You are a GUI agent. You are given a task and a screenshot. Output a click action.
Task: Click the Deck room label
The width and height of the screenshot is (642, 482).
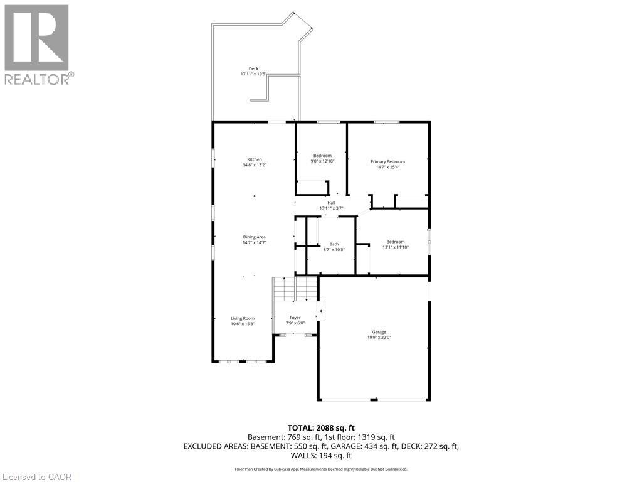coord(253,69)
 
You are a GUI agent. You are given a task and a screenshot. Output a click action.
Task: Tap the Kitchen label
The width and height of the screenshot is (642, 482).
coord(254,159)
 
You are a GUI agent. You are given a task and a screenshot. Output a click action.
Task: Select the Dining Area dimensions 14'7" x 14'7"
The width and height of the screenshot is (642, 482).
coord(255,242)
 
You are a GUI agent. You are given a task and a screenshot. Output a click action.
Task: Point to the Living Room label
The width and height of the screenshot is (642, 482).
coord(243,318)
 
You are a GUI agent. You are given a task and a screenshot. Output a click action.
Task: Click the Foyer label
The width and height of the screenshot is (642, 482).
coord(295,318)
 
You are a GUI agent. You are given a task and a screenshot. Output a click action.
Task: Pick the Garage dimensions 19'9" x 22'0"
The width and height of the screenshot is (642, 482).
coord(378,337)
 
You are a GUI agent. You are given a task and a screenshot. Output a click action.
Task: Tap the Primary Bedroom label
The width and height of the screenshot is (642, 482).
coord(387,161)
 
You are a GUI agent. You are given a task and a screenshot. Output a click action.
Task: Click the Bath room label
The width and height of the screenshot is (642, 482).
coord(334,244)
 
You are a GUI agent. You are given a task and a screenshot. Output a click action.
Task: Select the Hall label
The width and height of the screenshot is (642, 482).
coord(331,203)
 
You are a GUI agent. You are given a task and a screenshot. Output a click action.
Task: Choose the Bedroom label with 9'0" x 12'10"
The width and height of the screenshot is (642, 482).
coord(322,155)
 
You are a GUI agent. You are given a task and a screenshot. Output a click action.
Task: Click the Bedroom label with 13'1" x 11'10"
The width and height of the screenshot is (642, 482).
coord(395,242)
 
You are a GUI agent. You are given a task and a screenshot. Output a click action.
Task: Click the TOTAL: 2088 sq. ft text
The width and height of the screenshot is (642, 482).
coord(320,427)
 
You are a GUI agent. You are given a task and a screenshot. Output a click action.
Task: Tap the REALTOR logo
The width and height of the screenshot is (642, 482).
coord(37,45)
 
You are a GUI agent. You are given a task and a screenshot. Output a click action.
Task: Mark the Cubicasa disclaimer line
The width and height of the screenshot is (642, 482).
coord(320,469)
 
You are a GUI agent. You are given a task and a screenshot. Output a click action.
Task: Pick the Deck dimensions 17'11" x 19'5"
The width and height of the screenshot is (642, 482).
coord(253,74)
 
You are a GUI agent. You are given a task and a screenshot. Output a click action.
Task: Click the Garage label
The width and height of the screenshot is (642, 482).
coord(378,332)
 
